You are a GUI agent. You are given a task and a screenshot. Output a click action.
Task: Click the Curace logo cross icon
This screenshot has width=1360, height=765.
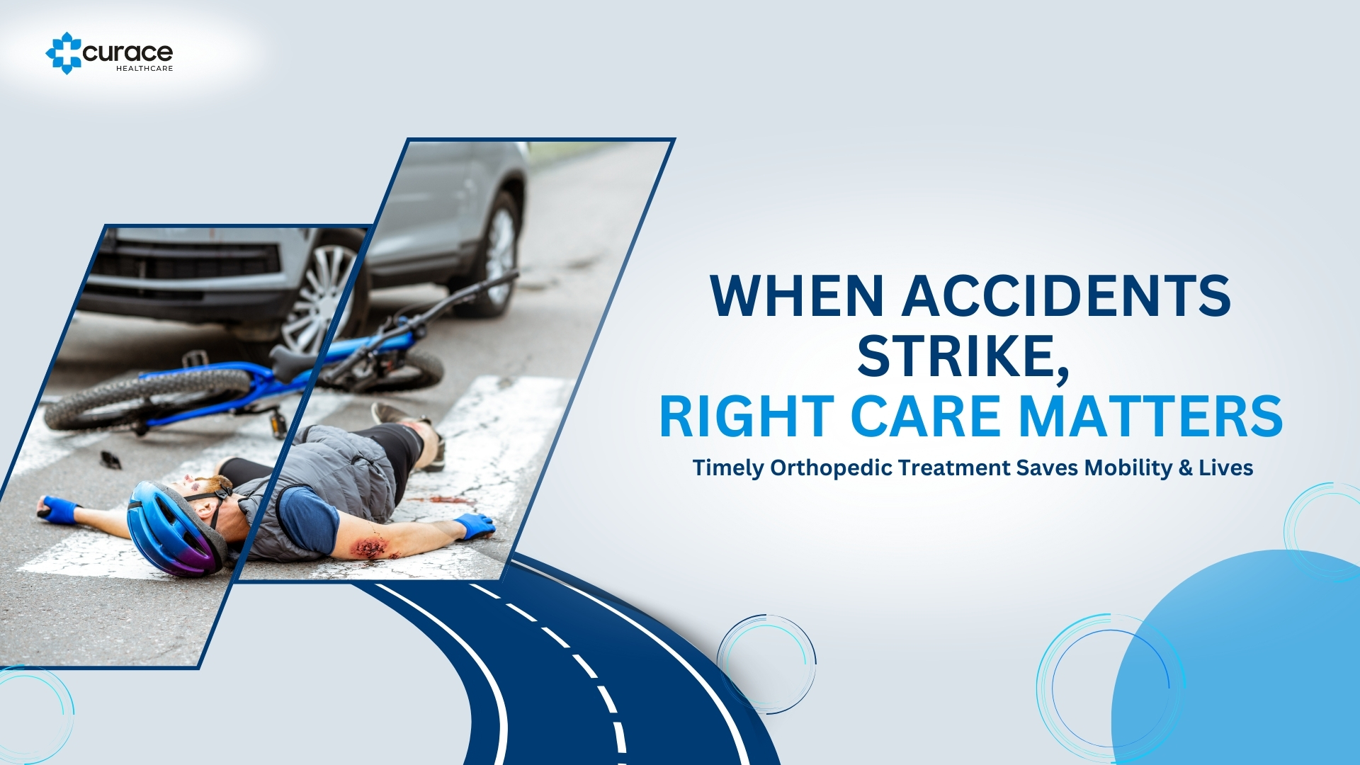point(64,53)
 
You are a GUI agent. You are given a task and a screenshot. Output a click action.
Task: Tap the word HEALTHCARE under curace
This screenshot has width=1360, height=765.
point(144,69)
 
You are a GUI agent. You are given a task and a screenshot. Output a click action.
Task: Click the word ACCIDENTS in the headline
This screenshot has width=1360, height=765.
point(1066,295)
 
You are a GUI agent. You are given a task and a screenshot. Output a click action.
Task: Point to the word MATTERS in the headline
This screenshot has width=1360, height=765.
point(1151,416)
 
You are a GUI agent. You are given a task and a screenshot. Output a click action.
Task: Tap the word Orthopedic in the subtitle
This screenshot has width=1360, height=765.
point(831,468)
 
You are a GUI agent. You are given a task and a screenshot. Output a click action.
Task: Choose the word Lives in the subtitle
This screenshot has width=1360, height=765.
point(1226,467)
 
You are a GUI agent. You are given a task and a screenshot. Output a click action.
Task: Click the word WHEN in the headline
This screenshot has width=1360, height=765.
point(797,295)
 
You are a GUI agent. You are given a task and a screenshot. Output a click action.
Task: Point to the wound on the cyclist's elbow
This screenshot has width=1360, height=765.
point(370,548)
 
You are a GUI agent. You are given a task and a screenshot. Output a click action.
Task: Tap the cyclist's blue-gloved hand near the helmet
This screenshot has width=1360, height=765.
point(58,509)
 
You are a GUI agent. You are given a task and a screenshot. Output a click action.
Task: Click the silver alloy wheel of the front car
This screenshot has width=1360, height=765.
point(322,297)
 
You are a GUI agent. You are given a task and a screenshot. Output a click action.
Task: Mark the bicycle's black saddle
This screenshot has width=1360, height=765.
point(290,363)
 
